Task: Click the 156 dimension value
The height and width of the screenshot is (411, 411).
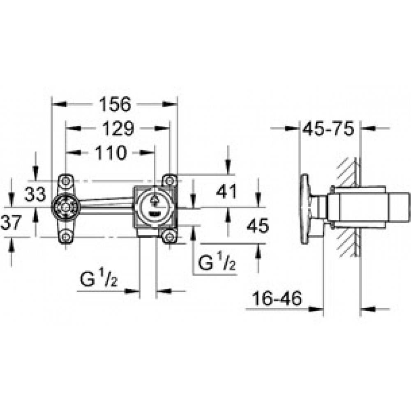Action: pyautogui.click(x=115, y=104)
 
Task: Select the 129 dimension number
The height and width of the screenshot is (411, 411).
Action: pyautogui.click(x=118, y=128)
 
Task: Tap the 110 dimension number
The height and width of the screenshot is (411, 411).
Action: pyautogui.click(x=111, y=152)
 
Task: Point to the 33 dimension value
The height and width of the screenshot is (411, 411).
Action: pyautogui.click(x=35, y=194)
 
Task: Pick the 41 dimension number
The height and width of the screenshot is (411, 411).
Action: pyautogui.click(x=226, y=192)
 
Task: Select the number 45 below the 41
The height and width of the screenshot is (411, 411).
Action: pyautogui.click(x=258, y=225)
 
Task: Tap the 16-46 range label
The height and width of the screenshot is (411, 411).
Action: pyautogui.click(x=277, y=298)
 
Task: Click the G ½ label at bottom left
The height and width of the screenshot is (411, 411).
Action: pyautogui.click(x=99, y=279)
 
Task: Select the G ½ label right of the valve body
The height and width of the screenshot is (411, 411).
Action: pyautogui.click(x=217, y=262)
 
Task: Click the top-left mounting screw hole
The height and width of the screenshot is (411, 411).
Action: pyautogui.click(x=65, y=180)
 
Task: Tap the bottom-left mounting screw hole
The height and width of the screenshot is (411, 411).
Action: pyautogui.click(x=65, y=237)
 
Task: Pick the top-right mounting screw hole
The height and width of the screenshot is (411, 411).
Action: pyautogui.click(x=170, y=180)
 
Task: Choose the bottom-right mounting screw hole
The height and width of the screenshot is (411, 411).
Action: pyautogui.click(x=170, y=237)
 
